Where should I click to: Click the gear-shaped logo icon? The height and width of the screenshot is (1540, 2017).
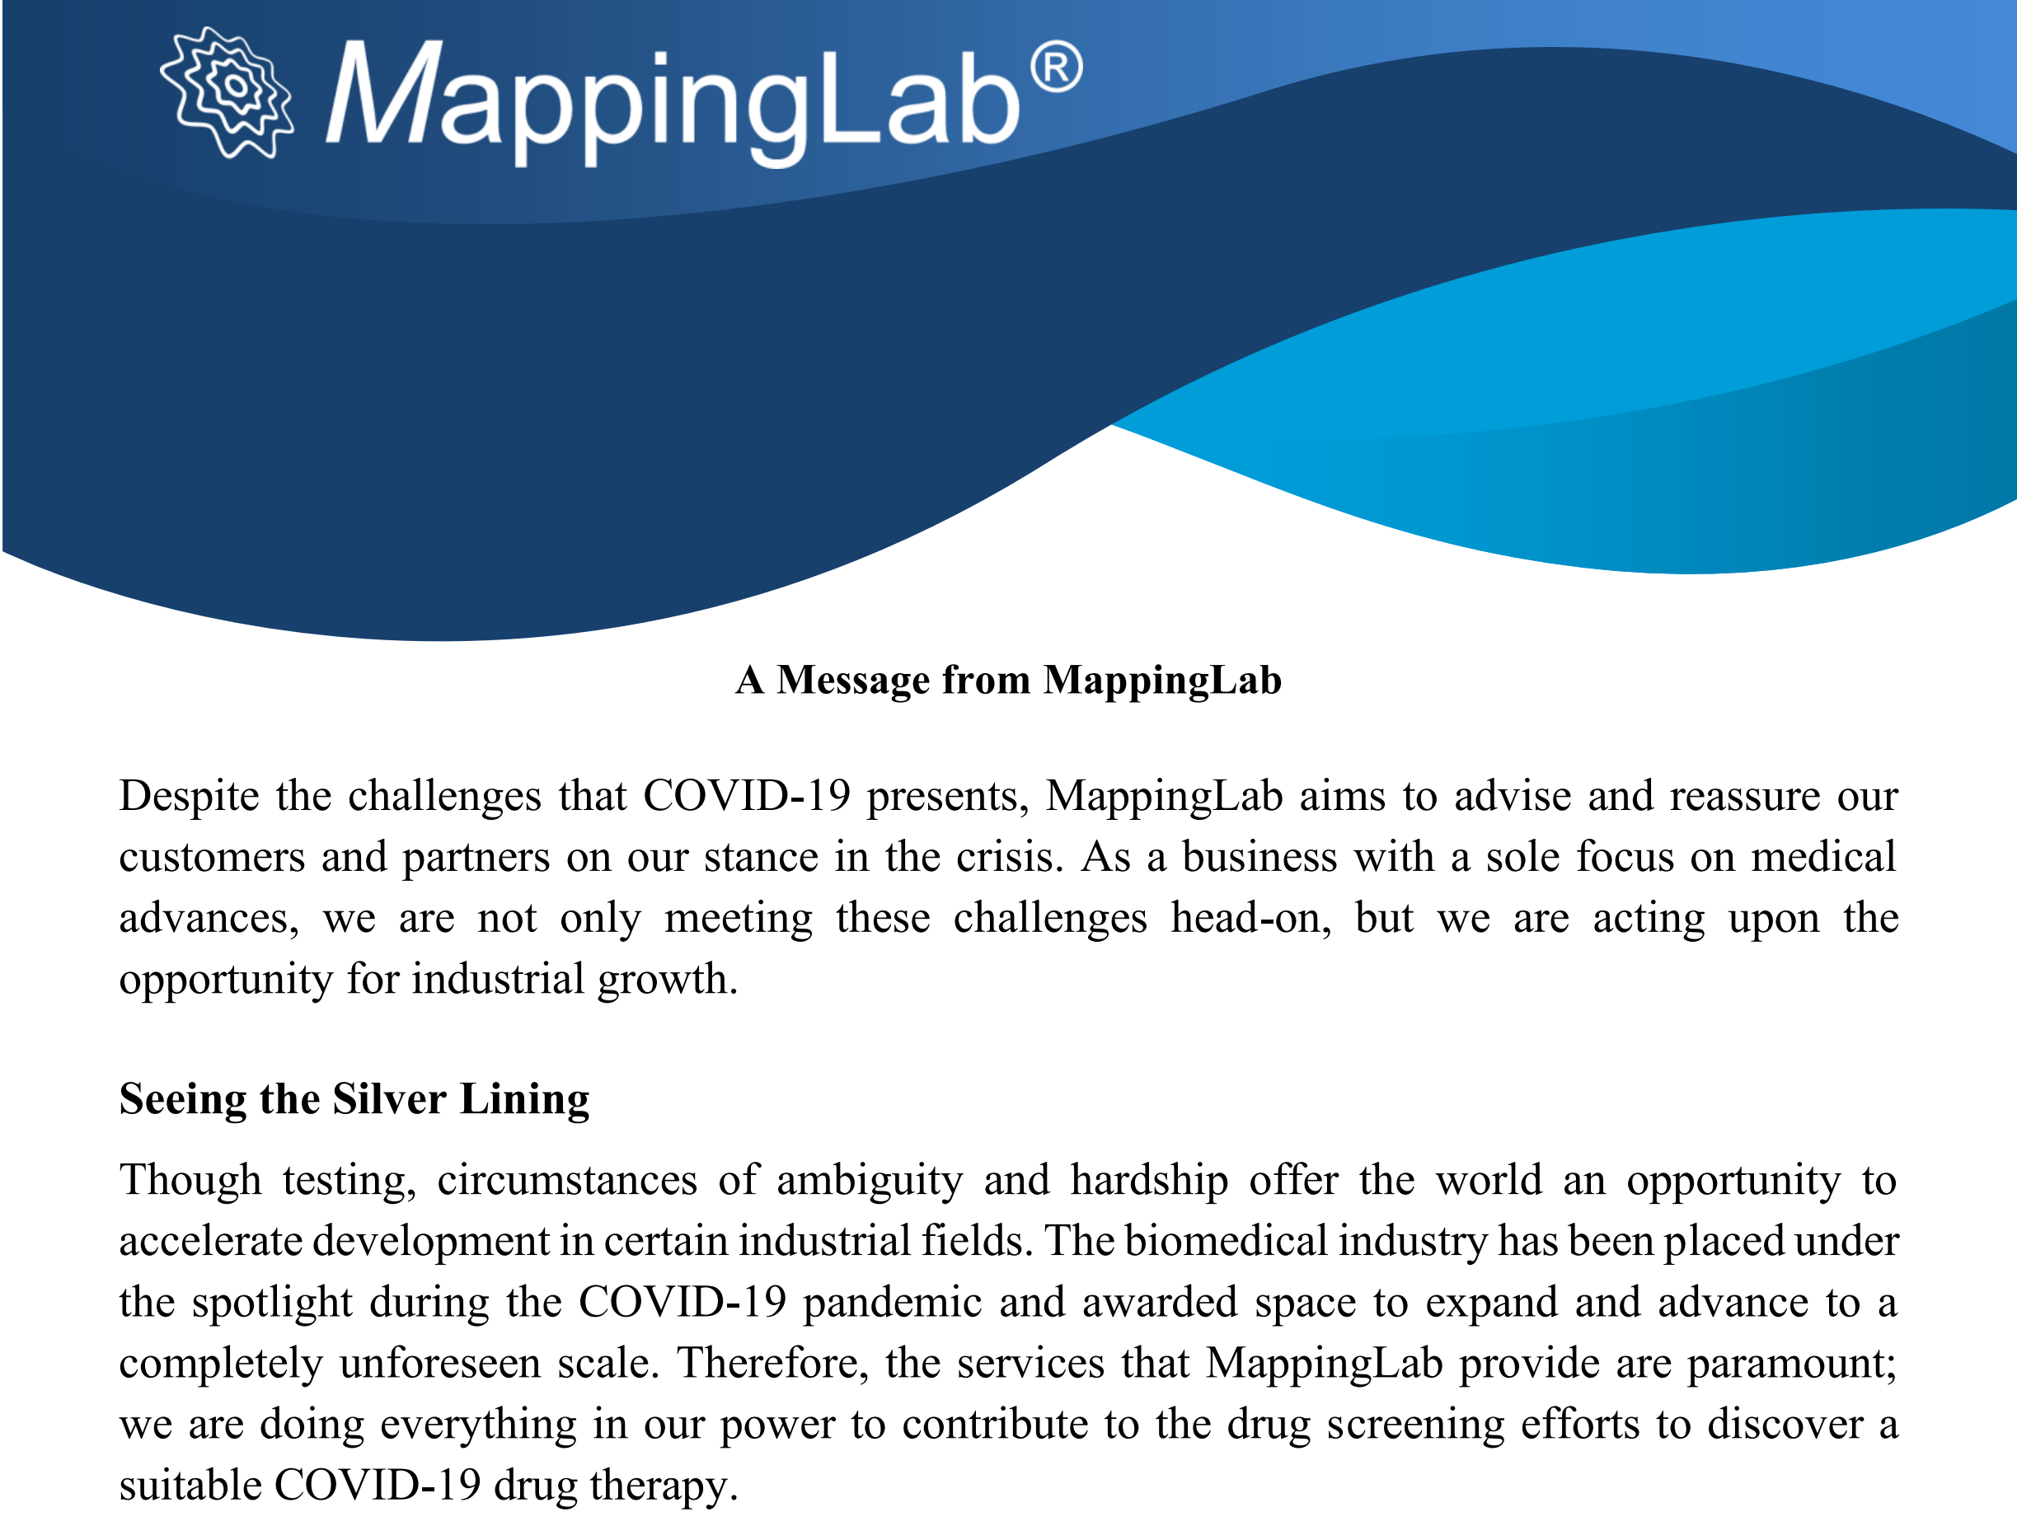[x=227, y=91]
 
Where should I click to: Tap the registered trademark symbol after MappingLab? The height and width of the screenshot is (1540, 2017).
[x=1056, y=66]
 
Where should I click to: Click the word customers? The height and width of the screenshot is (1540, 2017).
[x=212, y=857]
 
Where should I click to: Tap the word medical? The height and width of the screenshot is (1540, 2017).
[x=1822, y=856]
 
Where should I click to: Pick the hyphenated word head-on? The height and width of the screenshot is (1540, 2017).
[x=1250, y=918]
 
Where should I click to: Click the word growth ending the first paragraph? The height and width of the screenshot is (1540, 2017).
[x=668, y=980]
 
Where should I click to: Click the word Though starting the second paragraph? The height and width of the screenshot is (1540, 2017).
[x=190, y=1181]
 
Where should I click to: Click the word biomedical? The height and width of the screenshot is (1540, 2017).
[x=1226, y=1241]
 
